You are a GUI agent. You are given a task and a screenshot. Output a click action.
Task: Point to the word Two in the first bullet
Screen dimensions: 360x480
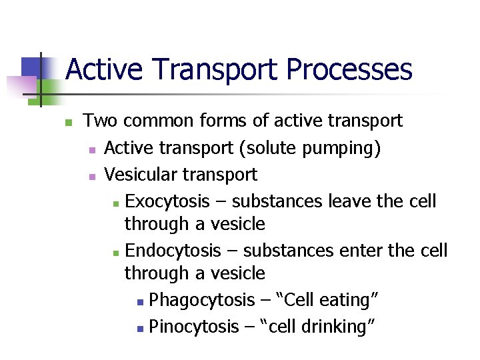tap(101, 121)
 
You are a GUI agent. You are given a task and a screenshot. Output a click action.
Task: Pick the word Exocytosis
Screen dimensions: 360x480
tap(167, 201)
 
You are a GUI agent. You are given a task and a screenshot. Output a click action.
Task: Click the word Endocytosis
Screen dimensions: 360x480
tap(173, 251)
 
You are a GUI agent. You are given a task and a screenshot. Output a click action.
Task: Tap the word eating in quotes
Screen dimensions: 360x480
tap(347, 301)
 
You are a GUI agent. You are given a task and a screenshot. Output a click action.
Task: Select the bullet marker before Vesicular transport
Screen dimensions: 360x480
tap(92, 177)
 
